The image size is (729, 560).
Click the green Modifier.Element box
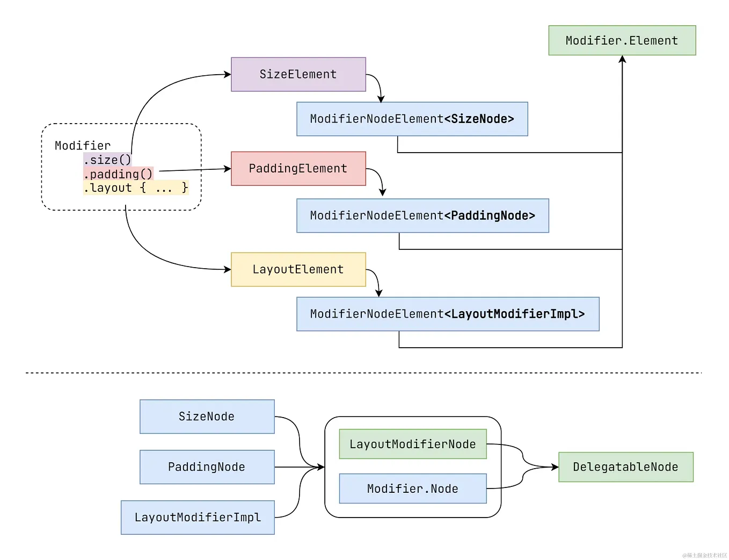622,40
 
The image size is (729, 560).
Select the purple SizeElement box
298,74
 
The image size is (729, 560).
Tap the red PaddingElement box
298,168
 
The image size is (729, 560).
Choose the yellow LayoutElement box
298,269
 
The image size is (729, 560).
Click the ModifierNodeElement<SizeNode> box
412,119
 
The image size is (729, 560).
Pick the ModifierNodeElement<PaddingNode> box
422,216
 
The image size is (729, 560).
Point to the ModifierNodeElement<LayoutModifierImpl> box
447,314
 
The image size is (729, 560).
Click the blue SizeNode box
207,417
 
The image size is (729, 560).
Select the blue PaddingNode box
207,467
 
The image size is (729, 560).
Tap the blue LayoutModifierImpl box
198,518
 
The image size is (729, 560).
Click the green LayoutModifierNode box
412,444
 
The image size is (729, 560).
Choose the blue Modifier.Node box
412,489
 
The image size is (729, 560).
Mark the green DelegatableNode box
625,467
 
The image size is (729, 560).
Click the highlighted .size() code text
107,160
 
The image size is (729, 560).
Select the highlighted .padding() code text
118,174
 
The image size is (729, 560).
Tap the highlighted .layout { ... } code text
136,188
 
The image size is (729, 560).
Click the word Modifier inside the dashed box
83,146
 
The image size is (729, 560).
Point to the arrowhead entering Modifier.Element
622,59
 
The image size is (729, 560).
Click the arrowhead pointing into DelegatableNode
555,467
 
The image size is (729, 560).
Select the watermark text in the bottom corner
704,555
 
